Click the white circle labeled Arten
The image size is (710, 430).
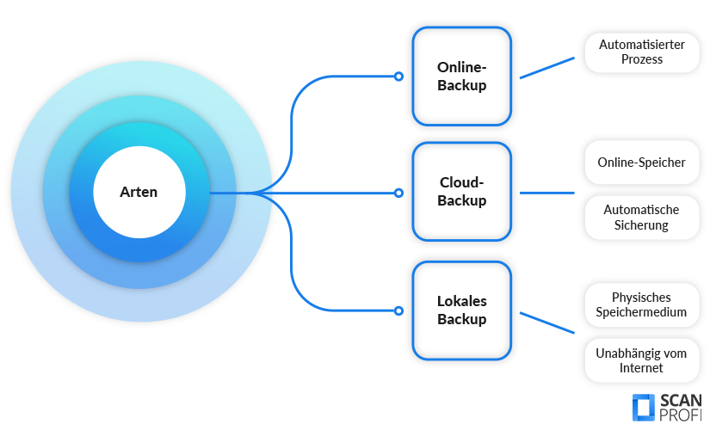pos(139,192)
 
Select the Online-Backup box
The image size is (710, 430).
pos(461,77)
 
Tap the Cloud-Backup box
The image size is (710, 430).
pos(461,192)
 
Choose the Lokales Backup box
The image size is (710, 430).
pos(461,310)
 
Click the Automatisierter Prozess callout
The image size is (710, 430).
pos(642,52)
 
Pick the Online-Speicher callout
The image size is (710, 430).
pos(641,162)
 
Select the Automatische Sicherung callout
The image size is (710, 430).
pos(641,218)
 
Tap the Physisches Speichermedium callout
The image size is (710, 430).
pos(641,304)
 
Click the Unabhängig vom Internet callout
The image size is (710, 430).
pos(641,360)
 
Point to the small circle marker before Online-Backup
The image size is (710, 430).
pos(398,77)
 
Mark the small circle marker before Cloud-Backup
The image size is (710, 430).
pos(398,193)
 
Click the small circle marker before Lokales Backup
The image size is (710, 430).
pos(398,310)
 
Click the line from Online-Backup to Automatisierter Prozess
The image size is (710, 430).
pos(546,68)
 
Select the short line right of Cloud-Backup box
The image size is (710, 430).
pos(546,193)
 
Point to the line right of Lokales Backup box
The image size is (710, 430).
pos(546,322)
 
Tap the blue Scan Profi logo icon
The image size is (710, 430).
pos(644,408)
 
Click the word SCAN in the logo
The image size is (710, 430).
pos(681,401)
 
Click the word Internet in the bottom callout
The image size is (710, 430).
pos(641,368)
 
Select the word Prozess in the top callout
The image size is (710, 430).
pos(642,59)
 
